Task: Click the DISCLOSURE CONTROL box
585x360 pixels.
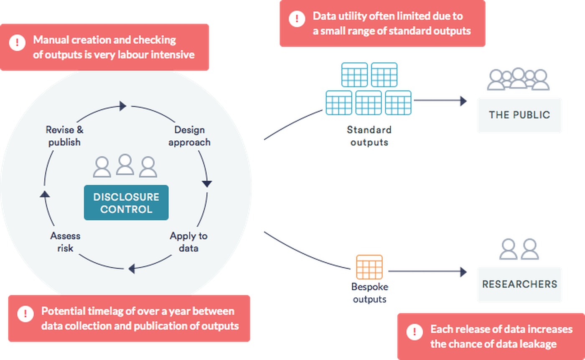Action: (x=126, y=203)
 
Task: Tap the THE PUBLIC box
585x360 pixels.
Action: (x=519, y=115)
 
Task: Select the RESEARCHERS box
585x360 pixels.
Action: (x=519, y=284)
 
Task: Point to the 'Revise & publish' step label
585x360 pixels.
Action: (x=64, y=136)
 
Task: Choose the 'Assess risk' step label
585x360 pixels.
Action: (x=65, y=242)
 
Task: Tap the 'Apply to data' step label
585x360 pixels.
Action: (x=188, y=242)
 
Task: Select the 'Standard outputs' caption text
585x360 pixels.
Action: (x=369, y=136)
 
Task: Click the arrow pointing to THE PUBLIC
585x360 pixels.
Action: (x=443, y=100)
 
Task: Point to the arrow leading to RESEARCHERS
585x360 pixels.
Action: (x=430, y=272)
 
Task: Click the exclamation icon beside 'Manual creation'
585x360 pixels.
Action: (x=17, y=43)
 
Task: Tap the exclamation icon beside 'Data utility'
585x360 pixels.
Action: (x=297, y=18)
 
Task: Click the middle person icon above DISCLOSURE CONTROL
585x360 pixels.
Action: (x=125, y=165)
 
